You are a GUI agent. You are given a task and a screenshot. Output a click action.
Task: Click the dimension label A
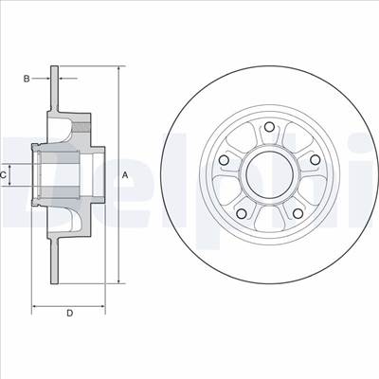click(x=125, y=174)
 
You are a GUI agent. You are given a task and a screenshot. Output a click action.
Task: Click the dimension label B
click(x=27, y=79)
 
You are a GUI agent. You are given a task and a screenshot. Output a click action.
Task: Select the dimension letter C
click(x=3, y=174)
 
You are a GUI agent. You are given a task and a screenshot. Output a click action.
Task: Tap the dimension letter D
click(x=70, y=313)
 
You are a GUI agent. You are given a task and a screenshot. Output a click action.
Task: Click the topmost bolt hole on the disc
click(x=269, y=127)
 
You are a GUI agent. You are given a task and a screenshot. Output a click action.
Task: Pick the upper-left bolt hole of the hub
click(x=224, y=160)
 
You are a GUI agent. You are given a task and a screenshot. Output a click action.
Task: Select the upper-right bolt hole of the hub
click(x=315, y=160)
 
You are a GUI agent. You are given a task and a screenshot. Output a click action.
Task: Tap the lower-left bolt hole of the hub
click(x=242, y=214)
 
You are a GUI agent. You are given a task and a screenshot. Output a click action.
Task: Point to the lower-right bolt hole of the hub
click(x=298, y=213)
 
